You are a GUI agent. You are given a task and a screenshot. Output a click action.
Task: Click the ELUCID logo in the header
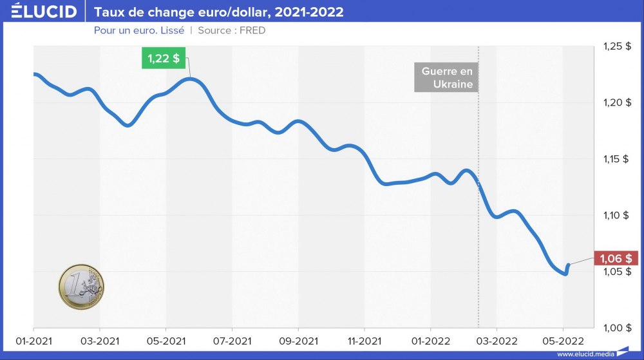click(44, 11)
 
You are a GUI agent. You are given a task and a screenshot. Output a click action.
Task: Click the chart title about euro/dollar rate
click(219, 12)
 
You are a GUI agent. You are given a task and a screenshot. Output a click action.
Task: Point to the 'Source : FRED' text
click(232, 30)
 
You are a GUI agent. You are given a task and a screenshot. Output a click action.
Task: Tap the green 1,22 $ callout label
click(164, 59)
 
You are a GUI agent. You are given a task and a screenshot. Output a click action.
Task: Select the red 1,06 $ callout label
click(615, 258)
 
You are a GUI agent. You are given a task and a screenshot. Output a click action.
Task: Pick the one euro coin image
click(81, 286)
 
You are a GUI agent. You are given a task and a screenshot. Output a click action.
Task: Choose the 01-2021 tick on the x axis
click(33, 339)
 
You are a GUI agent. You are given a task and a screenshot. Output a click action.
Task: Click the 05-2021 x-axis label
click(166, 339)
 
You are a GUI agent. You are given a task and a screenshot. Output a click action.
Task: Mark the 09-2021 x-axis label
click(298, 339)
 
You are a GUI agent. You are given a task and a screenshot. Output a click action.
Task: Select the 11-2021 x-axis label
click(365, 339)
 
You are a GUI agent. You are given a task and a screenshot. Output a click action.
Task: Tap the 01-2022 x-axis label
click(430, 339)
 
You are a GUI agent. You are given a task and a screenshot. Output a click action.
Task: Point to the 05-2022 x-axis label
click(562, 339)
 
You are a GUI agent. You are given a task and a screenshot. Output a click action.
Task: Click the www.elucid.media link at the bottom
click(585, 354)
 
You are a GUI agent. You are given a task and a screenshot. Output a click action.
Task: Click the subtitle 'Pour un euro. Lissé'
click(139, 30)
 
